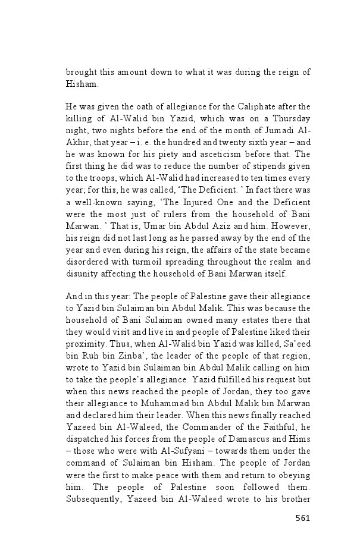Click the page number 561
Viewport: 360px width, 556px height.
tap(303, 518)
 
